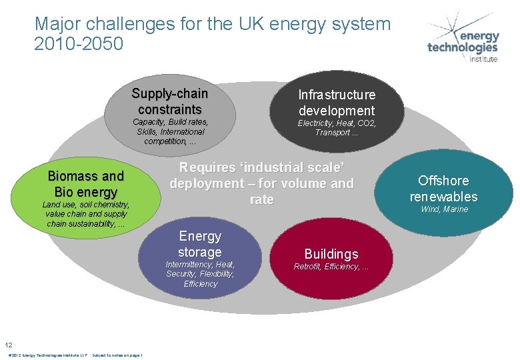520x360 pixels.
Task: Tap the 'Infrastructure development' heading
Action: point(337,103)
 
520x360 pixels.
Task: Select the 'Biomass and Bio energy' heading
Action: point(86,184)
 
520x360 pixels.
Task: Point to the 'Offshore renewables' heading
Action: point(443,189)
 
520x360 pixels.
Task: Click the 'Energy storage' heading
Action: point(200,244)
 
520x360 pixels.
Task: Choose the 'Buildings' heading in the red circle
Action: point(331,254)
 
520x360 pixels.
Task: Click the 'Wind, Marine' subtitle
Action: point(444,209)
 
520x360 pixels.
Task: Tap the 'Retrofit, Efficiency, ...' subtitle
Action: point(331,267)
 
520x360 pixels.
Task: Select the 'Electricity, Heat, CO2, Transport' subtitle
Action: point(337,128)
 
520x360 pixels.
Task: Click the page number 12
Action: point(9,345)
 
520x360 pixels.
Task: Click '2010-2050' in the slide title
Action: point(79,45)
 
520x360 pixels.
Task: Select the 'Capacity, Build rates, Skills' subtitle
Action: point(170,131)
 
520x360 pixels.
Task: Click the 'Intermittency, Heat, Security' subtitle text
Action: point(200,274)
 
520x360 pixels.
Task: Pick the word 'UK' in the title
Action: point(242,25)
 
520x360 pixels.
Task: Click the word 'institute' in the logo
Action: point(483,59)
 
